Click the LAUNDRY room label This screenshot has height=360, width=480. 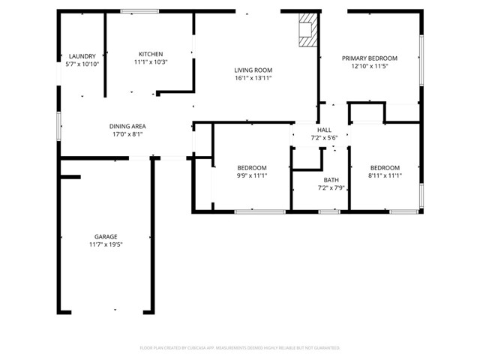point(82,56)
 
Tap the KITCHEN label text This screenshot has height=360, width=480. point(150,54)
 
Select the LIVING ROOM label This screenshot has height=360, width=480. point(253,70)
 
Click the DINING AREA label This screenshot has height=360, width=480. point(127,126)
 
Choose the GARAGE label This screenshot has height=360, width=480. point(105,236)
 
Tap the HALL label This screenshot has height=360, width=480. point(324,130)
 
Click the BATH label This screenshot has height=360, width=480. point(331,180)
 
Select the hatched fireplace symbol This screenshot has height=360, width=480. point(307,31)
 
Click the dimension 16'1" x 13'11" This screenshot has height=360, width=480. point(253,78)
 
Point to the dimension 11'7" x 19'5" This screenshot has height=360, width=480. point(105,244)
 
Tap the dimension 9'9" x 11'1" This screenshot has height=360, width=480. point(252,175)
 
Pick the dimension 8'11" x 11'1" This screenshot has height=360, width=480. point(385,175)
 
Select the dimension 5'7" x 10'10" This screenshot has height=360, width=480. point(82,64)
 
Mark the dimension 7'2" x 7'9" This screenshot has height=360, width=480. point(331,188)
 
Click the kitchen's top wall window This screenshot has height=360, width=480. point(139,11)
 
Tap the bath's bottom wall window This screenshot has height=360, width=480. point(328,212)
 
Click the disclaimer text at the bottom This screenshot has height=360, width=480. point(240,348)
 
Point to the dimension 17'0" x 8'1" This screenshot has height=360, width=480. point(127,135)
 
